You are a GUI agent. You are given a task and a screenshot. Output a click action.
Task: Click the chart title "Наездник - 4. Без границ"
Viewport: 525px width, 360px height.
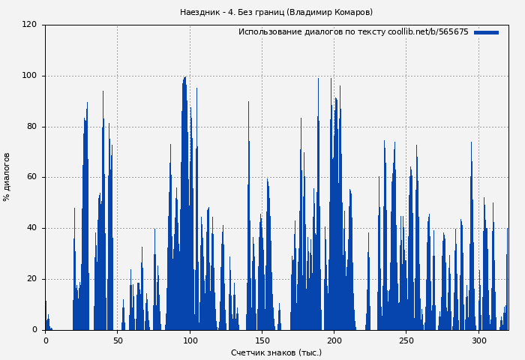tap(232, 13)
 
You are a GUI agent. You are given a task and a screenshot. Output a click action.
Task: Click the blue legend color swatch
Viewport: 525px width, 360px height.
tap(486, 32)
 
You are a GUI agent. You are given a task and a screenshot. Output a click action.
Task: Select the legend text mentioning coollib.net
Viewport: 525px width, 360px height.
tap(353, 32)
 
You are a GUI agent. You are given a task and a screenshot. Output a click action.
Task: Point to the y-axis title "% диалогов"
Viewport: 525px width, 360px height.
tap(7, 177)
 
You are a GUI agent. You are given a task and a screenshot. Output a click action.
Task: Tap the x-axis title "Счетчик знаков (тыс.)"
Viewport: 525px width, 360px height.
tap(276, 352)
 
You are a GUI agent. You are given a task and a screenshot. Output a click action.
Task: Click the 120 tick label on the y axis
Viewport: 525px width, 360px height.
tap(29, 25)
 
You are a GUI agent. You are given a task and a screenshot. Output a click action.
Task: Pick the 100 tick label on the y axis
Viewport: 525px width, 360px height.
tap(29, 76)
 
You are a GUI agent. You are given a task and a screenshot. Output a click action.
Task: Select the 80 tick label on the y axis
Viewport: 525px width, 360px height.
tap(31, 127)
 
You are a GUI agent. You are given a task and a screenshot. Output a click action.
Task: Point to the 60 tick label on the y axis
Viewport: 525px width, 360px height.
tap(31, 178)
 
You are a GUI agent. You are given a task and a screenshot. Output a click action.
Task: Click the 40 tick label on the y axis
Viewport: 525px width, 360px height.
tap(31, 228)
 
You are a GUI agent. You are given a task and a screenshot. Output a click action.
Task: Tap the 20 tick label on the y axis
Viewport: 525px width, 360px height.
tap(31, 279)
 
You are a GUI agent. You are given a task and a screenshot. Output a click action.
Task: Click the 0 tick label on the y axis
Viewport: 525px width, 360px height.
tap(34, 330)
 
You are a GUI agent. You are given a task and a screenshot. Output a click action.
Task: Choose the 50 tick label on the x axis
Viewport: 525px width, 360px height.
tap(118, 340)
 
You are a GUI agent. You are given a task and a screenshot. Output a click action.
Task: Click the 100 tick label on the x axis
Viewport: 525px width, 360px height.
tap(190, 340)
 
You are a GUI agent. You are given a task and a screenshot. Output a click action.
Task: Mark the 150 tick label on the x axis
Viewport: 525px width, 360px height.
tap(262, 340)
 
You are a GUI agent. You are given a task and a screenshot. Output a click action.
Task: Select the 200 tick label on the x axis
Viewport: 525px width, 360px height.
tap(334, 340)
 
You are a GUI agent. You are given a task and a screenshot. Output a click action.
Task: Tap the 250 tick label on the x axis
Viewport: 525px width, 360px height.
tap(406, 340)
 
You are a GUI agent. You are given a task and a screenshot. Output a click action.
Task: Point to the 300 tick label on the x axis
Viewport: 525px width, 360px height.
tap(478, 340)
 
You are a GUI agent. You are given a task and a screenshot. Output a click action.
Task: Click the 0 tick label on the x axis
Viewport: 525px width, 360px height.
tap(46, 340)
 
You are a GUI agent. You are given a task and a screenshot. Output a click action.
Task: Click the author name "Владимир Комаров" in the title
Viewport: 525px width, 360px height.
tap(330, 13)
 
